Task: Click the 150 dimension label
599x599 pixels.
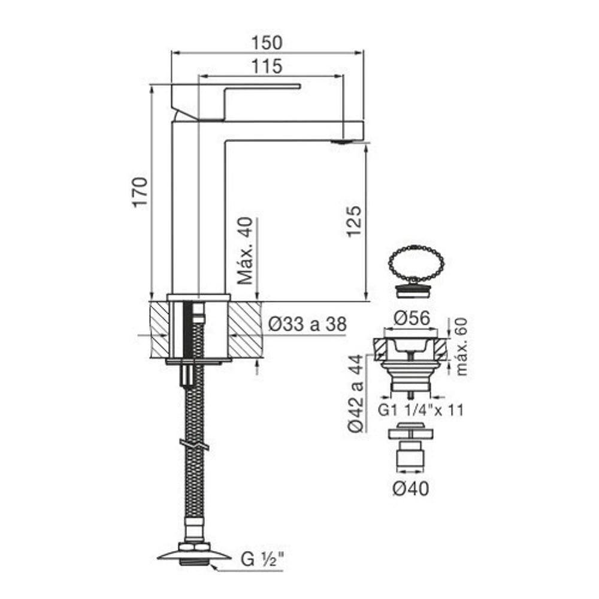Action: click(x=267, y=43)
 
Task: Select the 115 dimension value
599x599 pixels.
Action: click(x=267, y=66)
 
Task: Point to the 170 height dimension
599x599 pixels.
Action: click(x=140, y=192)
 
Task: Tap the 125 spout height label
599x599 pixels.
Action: click(x=354, y=221)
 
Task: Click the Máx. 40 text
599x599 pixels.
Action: click(x=245, y=250)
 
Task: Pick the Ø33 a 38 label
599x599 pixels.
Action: click(x=307, y=324)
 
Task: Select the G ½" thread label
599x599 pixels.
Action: click(x=262, y=559)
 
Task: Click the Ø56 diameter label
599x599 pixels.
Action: click(x=412, y=318)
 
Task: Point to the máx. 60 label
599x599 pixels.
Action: click(x=461, y=346)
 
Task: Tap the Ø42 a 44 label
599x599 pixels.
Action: click(x=356, y=393)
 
